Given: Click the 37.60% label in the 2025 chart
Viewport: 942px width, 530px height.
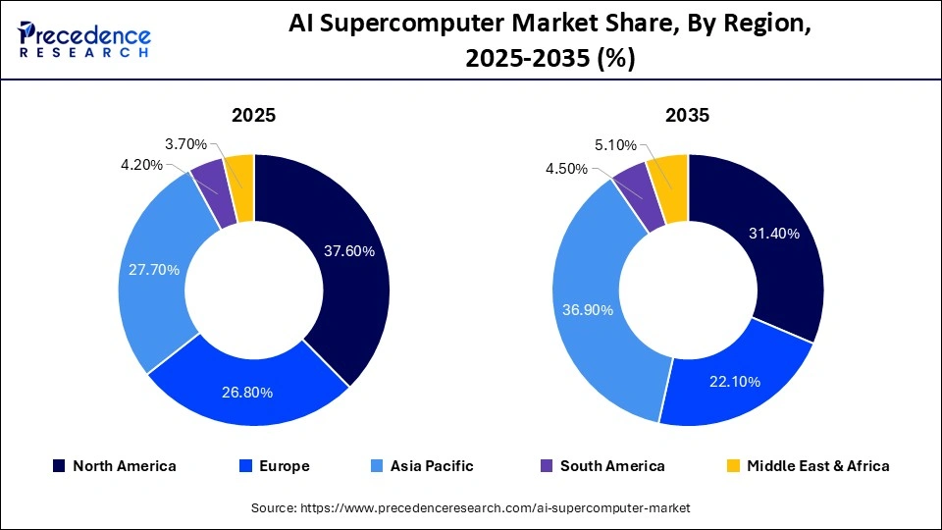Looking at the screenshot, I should (349, 251).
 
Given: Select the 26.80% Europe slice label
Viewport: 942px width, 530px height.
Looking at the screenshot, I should (246, 393).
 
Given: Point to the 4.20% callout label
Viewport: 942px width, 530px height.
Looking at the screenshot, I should (141, 165).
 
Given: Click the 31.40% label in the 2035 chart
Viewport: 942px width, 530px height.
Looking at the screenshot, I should (774, 234).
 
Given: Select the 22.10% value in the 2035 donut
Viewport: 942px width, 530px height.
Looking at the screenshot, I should (734, 382).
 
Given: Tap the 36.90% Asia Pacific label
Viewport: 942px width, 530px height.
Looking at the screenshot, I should (588, 310).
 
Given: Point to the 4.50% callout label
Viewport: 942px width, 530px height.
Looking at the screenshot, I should (566, 169).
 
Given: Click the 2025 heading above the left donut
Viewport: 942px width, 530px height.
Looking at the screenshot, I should (253, 116).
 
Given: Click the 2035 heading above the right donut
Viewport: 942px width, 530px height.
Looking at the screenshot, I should (687, 116).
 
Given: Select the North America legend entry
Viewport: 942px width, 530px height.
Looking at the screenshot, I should (115, 466).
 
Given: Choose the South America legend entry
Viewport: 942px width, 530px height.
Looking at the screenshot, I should (602, 466).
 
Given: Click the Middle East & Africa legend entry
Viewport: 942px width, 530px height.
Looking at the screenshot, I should (808, 466).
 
